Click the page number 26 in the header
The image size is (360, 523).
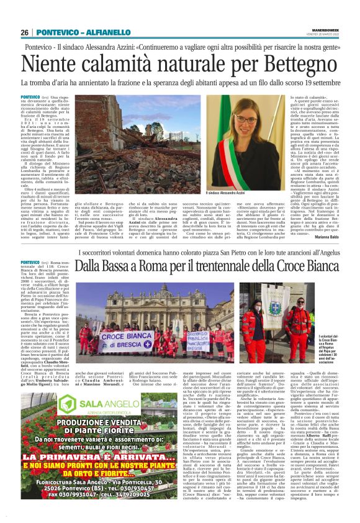tap(25, 32)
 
